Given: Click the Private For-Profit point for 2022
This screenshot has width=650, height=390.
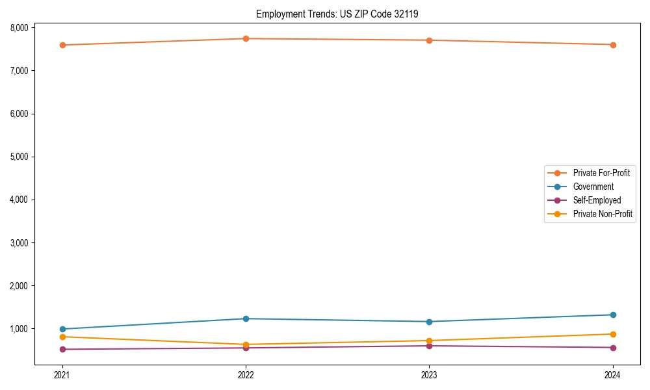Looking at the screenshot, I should (x=246, y=38).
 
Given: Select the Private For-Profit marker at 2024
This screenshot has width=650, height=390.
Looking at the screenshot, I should (x=613, y=45).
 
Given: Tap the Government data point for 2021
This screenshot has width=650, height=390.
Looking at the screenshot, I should (x=62, y=329).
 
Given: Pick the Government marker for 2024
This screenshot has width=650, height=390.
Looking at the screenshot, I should (x=613, y=315).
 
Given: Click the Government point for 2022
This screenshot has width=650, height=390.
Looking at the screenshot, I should (x=246, y=318).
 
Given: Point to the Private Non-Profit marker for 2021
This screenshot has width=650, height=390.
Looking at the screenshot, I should (x=62, y=337).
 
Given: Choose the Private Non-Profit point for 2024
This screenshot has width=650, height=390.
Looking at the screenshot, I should (x=613, y=334).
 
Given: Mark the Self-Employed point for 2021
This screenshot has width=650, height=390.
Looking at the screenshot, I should (x=62, y=349).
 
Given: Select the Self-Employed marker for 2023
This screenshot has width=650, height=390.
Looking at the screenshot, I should (x=430, y=346).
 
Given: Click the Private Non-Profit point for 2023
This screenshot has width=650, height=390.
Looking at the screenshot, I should (x=430, y=341).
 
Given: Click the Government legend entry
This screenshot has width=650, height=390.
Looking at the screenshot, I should (x=593, y=187).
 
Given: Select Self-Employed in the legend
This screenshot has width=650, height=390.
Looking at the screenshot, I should (x=597, y=200).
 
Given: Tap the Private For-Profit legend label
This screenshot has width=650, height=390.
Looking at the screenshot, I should (x=601, y=173).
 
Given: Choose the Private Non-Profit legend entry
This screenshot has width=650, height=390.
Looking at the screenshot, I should (x=603, y=214).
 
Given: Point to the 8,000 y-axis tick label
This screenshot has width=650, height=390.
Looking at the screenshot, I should (x=19, y=27).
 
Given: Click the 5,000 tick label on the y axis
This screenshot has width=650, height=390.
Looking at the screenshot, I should (x=19, y=157).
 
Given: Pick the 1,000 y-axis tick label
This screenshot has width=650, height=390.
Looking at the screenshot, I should (x=19, y=329).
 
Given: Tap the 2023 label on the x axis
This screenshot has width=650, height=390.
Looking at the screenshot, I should (x=430, y=374).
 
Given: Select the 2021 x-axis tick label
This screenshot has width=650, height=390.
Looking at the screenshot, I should (x=62, y=374).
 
